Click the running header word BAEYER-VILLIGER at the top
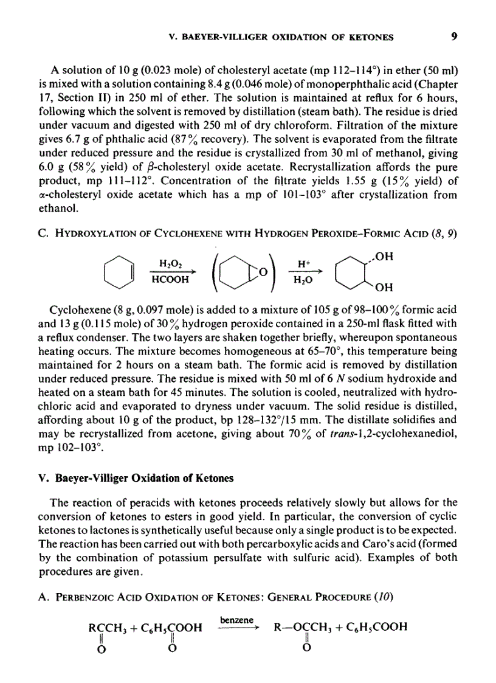coord(215,37)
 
